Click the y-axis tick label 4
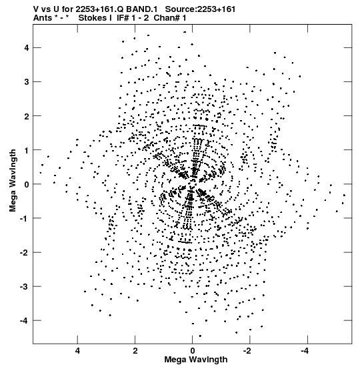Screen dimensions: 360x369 point(27,48)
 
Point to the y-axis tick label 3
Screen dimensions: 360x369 point(27,82)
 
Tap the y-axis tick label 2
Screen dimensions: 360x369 point(27,116)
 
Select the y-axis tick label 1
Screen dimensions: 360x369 point(27,150)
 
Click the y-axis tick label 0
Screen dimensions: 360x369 point(27,184)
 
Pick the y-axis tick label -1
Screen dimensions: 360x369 point(25,219)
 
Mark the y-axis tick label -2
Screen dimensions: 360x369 point(25,253)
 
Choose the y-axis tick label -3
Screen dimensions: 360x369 point(25,287)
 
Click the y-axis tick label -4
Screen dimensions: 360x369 point(25,321)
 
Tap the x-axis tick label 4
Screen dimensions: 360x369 point(77,351)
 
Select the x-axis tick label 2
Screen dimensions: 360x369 point(135,351)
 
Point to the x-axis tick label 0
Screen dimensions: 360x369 point(193,351)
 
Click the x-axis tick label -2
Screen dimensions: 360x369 point(248,351)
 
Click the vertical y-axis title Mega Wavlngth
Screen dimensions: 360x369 point(13,181)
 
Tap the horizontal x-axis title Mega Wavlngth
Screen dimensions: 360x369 point(196,360)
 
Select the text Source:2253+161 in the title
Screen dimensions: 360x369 point(200,9)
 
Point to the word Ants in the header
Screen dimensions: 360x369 point(43,17)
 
